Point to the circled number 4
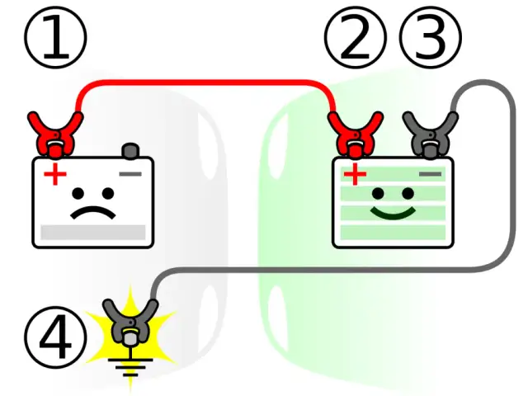56,339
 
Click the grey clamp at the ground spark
130,322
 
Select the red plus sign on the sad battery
55,175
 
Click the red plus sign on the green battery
355,175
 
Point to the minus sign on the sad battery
130,174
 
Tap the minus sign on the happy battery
430,174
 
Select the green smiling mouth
393,214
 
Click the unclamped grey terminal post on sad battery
130,151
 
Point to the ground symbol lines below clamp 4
130,363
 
